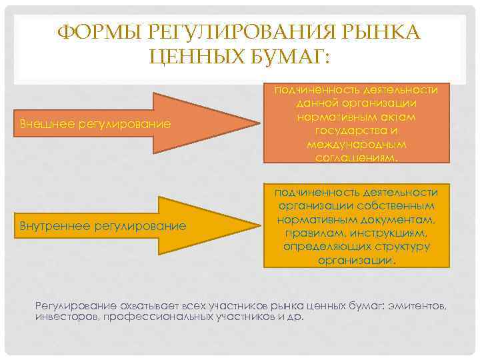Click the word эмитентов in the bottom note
pyautogui.click(x=419, y=305)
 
